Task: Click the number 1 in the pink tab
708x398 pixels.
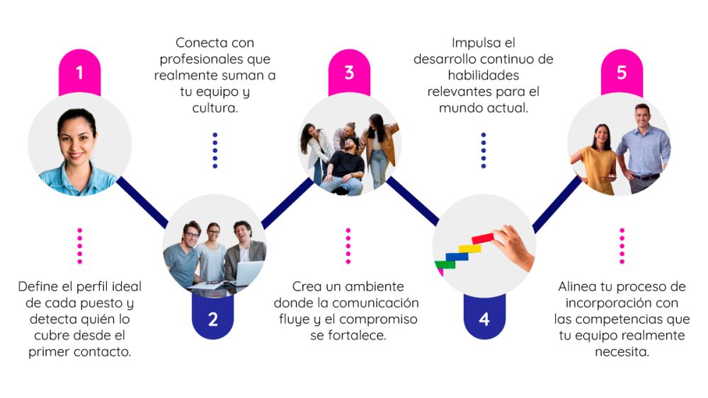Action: coord(79,73)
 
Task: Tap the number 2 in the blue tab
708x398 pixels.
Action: coord(212,319)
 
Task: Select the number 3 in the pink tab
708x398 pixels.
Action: coord(349,73)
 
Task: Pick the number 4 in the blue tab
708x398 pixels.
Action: coord(484,319)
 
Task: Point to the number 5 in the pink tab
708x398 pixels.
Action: coord(622,73)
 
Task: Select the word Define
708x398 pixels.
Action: coord(40,286)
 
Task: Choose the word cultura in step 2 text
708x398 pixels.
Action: coord(215,108)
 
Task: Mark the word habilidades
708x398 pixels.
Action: coord(483,76)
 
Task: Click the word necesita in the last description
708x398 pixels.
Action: coord(622,351)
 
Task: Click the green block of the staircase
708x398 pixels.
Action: coord(445,265)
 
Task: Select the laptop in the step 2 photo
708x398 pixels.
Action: coord(246,274)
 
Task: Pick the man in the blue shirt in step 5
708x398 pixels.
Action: coord(643,148)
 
